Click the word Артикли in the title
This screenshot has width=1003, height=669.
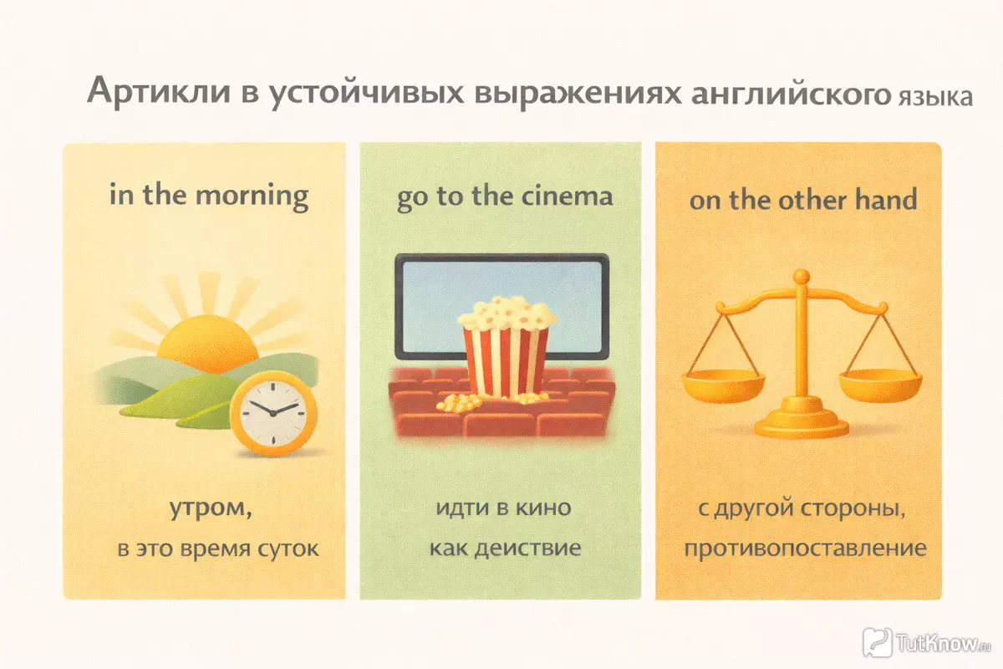coord(159,91)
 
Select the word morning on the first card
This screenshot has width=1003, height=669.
coord(252,197)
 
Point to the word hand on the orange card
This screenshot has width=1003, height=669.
coord(886,199)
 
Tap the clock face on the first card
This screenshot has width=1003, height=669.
coord(273,413)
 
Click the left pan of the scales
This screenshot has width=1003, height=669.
coord(723,386)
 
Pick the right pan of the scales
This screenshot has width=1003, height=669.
coord(880,386)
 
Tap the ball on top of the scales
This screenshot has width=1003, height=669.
coord(802,276)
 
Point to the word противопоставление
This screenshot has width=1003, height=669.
coord(805,548)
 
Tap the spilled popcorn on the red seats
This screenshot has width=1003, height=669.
coord(459,402)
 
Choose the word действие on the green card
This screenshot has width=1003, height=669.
coord(528,548)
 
